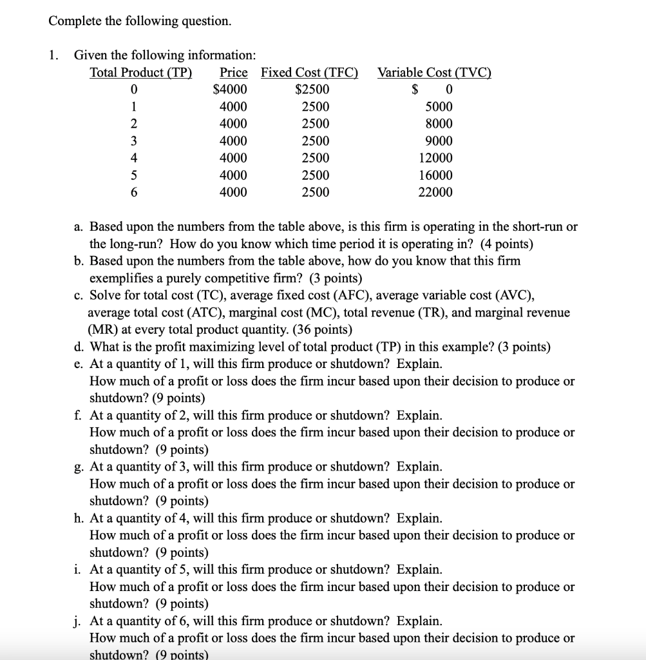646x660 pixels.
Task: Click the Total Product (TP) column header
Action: click(x=140, y=72)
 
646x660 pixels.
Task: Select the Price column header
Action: click(x=234, y=72)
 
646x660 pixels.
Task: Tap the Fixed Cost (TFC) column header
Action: click(x=310, y=72)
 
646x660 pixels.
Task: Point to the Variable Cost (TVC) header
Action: click(x=434, y=72)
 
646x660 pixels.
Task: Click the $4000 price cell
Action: click(x=230, y=90)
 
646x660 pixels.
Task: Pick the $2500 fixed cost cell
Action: click(x=312, y=90)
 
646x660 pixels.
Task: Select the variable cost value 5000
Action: click(x=439, y=106)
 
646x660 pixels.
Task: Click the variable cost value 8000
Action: click(x=439, y=124)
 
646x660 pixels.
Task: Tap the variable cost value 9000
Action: click(x=439, y=141)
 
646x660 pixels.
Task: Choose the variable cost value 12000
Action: click(x=436, y=158)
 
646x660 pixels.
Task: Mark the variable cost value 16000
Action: click(x=436, y=175)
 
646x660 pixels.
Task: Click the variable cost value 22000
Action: click(x=436, y=192)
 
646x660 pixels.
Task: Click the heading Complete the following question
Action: click(x=140, y=21)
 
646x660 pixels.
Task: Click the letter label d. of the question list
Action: click(x=78, y=347)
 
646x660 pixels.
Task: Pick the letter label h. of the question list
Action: click(x=78, y=518)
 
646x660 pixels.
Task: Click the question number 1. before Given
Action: click(x=53, y=55)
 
